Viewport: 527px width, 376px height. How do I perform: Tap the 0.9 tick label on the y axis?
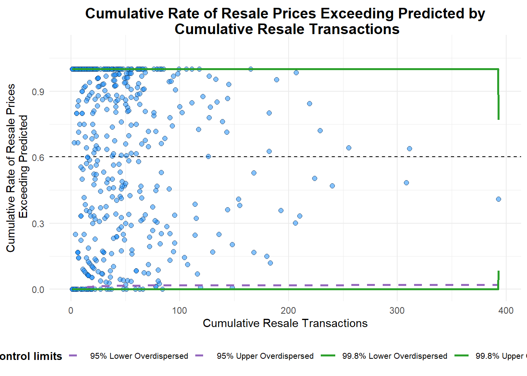point(38,92)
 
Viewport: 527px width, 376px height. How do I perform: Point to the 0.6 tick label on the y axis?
point(38,157)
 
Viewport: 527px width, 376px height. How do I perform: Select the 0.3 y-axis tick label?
point(38,224)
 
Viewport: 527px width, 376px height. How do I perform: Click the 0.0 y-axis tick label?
point(38,290)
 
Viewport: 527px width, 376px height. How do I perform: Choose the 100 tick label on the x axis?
point(180,311)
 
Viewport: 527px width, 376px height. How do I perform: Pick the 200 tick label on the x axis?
point(288,311)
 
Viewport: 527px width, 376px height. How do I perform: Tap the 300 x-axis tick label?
point(397,311)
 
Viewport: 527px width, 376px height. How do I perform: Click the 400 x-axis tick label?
point(506,311)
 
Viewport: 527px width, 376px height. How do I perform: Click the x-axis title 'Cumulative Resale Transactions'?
point(285,323)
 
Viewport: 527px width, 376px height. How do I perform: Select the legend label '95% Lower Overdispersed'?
point(139,356)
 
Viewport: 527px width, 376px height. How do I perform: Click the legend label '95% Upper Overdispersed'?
point(265,356)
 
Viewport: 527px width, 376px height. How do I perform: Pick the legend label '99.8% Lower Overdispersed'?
point(394,356)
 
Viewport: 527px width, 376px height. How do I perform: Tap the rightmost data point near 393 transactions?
point(498,199)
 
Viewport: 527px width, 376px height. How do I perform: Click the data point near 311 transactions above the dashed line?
point(409,148)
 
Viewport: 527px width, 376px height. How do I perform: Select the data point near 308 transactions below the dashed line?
point(406,183)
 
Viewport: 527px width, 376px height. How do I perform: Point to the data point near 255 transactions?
point(349,148)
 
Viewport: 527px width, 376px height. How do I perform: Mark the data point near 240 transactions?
point(332,186)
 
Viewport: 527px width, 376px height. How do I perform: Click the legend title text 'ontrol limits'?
point(31,356)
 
